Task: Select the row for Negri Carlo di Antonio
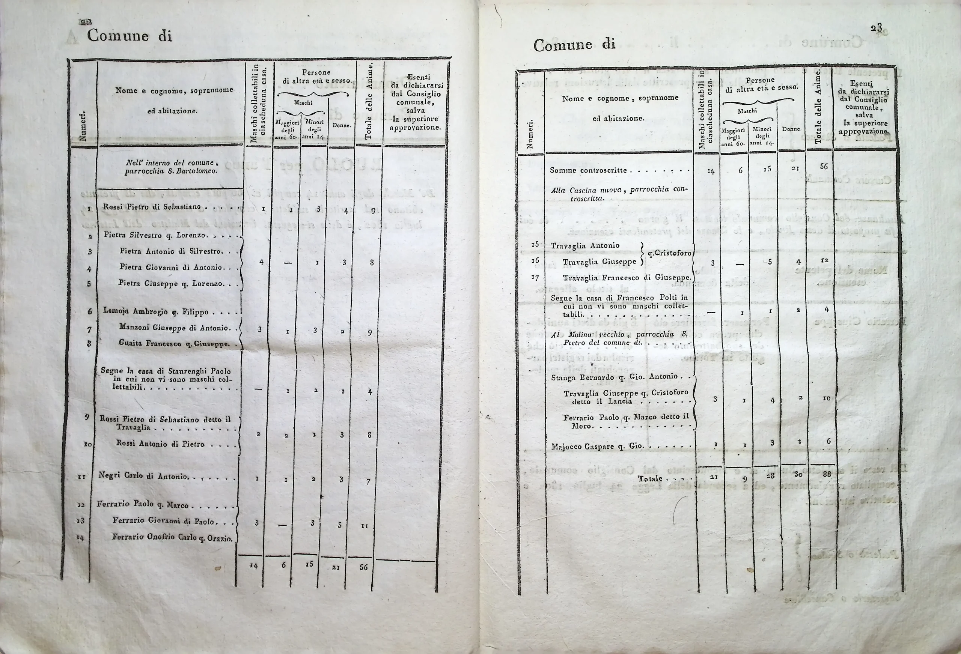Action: click(143, 476)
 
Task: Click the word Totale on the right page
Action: click(650, 479)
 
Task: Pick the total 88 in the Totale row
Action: click(826, 474)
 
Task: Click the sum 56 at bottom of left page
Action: click(363, 567)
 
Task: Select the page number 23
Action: click(876, 29)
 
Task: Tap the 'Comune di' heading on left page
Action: click(129, 36)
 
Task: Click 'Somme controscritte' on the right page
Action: click(588, 170)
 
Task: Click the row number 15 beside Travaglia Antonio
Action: click(535, 244)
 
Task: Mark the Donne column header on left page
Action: click(342, 125)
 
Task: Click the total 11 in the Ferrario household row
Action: click(364, 527)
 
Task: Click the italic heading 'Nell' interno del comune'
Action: click(172, 162)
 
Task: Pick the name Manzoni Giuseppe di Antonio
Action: click(174, 328)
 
